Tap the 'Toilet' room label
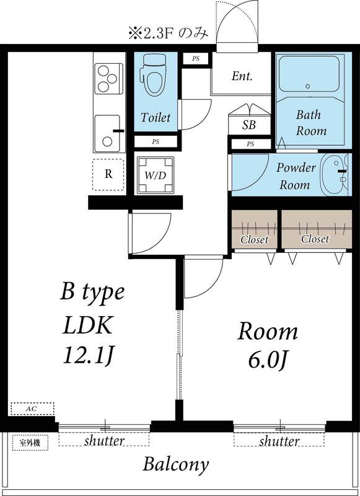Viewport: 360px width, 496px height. (155, 117)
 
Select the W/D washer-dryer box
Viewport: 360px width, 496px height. (156, 175)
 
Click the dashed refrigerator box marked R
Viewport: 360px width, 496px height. (108, 174)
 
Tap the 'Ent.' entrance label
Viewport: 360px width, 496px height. (242, 77)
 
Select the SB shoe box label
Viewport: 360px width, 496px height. (248, 125)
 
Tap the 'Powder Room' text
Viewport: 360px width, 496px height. (296, 176)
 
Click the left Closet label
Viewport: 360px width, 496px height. (254, 239)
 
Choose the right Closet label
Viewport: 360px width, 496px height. (315, 239)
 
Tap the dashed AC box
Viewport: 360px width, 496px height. (32, 409)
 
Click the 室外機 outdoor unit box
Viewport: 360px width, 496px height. (29, 443)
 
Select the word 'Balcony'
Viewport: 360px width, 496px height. (176, 464)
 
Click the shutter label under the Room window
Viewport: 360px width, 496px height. (279, 441)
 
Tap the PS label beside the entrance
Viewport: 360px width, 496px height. (196, 60)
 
